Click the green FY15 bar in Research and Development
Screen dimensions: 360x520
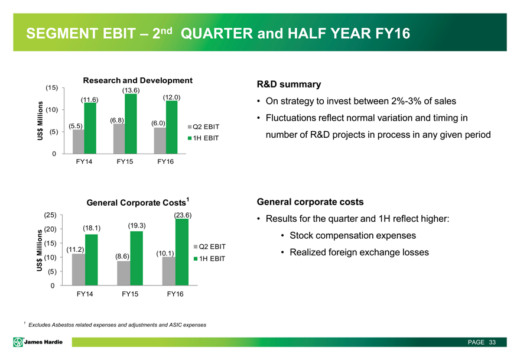(131, 124)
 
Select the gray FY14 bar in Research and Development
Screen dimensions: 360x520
(79, 142)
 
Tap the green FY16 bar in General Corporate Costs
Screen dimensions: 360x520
(181, 252)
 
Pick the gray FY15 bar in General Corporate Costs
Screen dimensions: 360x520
(123, 273)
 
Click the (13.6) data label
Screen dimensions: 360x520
(131, 90)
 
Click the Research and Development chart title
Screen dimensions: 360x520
(138, 80)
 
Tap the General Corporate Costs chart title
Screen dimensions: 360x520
(137, 202)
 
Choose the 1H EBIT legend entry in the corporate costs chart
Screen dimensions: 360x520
(209, 259)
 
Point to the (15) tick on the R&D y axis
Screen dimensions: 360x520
(52, 88)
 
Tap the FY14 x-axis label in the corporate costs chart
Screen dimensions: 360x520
(84, 294)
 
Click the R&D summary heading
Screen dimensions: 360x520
(289, 84)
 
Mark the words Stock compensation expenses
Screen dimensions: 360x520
(352, 236)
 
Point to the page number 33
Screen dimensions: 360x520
(492, 342)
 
